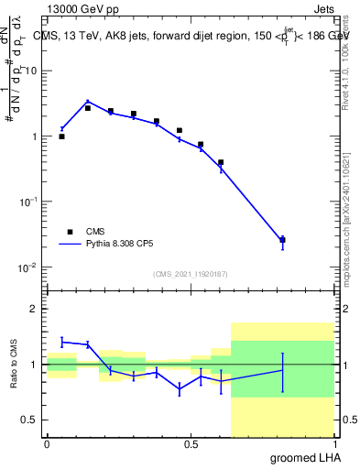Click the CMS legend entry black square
tap(68, 232)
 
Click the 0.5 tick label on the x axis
tap(191, 445)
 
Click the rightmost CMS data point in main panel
tap(282, 240)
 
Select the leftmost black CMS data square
tap(61, 136)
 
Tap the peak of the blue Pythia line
tap(88, 102)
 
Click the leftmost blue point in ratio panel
tap(61, 341)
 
